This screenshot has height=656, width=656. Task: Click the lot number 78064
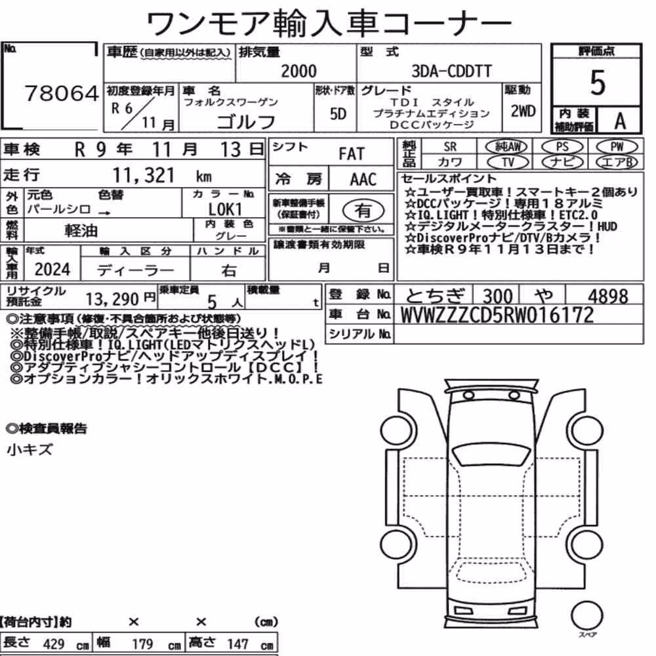tap(62, 93)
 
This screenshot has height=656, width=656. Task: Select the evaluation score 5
tap(598, 83)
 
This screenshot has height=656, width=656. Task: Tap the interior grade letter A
tap(620, 121)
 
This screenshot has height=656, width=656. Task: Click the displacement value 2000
tap(298, 71)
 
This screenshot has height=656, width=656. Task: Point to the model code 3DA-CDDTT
tap(452, 71)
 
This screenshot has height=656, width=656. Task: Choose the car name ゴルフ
tap(247, 121)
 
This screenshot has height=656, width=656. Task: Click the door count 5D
tap(338, 113)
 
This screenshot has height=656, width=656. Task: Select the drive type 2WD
tap(523, 111)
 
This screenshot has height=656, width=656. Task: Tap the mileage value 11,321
tap(144, 175)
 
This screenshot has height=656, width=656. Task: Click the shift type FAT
tap(352, 154)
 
